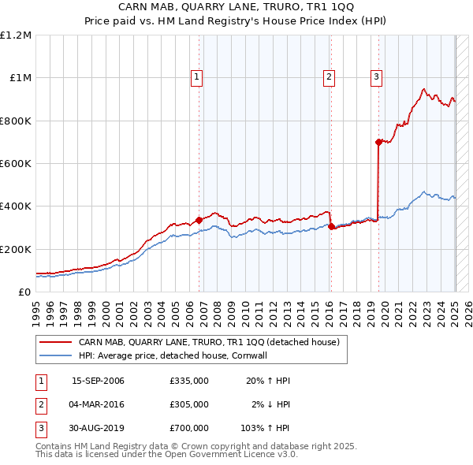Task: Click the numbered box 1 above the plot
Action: [196, 76]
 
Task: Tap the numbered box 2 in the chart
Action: [328, 76]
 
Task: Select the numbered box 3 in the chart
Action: [377, 76]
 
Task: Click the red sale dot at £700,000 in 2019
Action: [378, 142]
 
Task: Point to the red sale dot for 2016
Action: [330, 226]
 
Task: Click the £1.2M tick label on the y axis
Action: [16, 35]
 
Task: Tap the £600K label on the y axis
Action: [16, 164]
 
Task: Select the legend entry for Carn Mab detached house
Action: [208, 342]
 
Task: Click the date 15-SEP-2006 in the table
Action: [98, 381]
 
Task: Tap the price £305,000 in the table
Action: [188, 404]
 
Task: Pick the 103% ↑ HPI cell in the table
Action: [266, 428]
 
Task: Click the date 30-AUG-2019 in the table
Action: [98, 428]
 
